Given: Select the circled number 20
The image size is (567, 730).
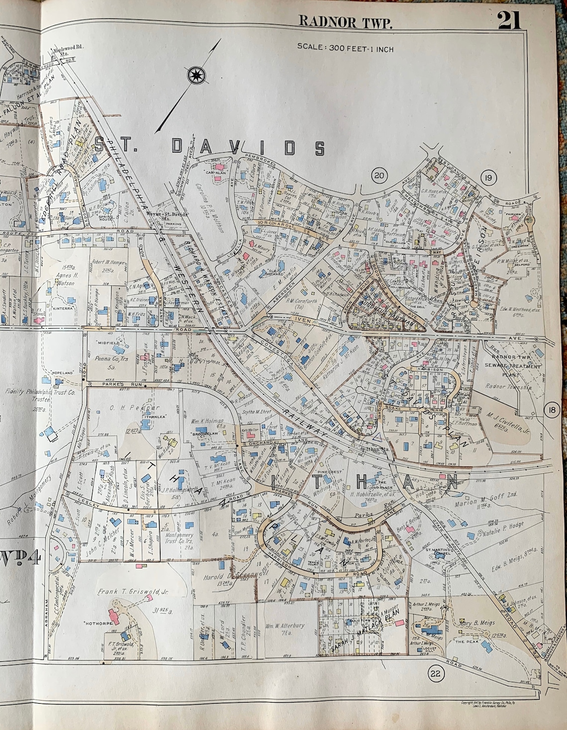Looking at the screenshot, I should pos(379,175).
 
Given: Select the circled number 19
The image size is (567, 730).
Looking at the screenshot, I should pos(488,178).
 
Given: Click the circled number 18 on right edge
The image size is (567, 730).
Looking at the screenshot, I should pos(551,410).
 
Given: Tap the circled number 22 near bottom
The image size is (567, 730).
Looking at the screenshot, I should pos(435,674).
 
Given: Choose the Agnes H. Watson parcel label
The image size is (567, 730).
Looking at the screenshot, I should pos(61,279).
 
